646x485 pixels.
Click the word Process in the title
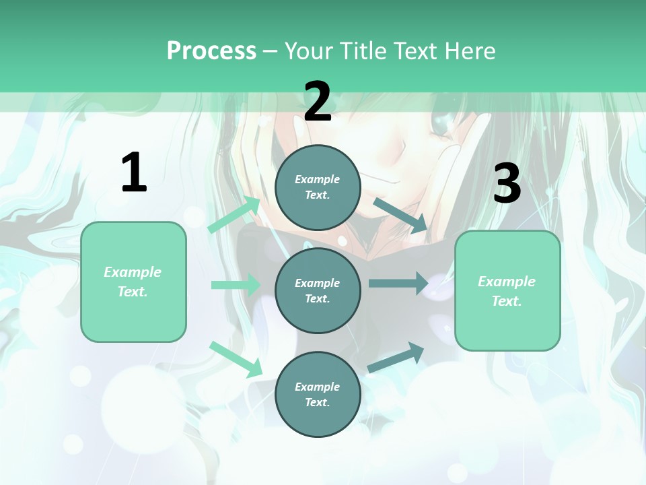coord(211,51)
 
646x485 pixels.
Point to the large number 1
coord(134,172)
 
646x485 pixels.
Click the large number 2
coord(318,102)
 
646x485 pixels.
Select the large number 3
coord(507,183)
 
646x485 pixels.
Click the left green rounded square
coord(133,282)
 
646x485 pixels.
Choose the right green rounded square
coord(507,290)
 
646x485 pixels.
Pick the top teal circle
coord(318,187)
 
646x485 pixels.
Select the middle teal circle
coord(318,290)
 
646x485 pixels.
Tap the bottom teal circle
coord(318,394)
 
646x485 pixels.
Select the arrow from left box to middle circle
coord(236,285)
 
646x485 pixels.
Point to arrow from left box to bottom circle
coord(236,359)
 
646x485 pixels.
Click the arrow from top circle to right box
coord(400,216)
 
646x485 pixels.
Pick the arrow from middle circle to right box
coord(398,284)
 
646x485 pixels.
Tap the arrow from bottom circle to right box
coord(396,357)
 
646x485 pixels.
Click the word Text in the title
coord(417,51)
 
